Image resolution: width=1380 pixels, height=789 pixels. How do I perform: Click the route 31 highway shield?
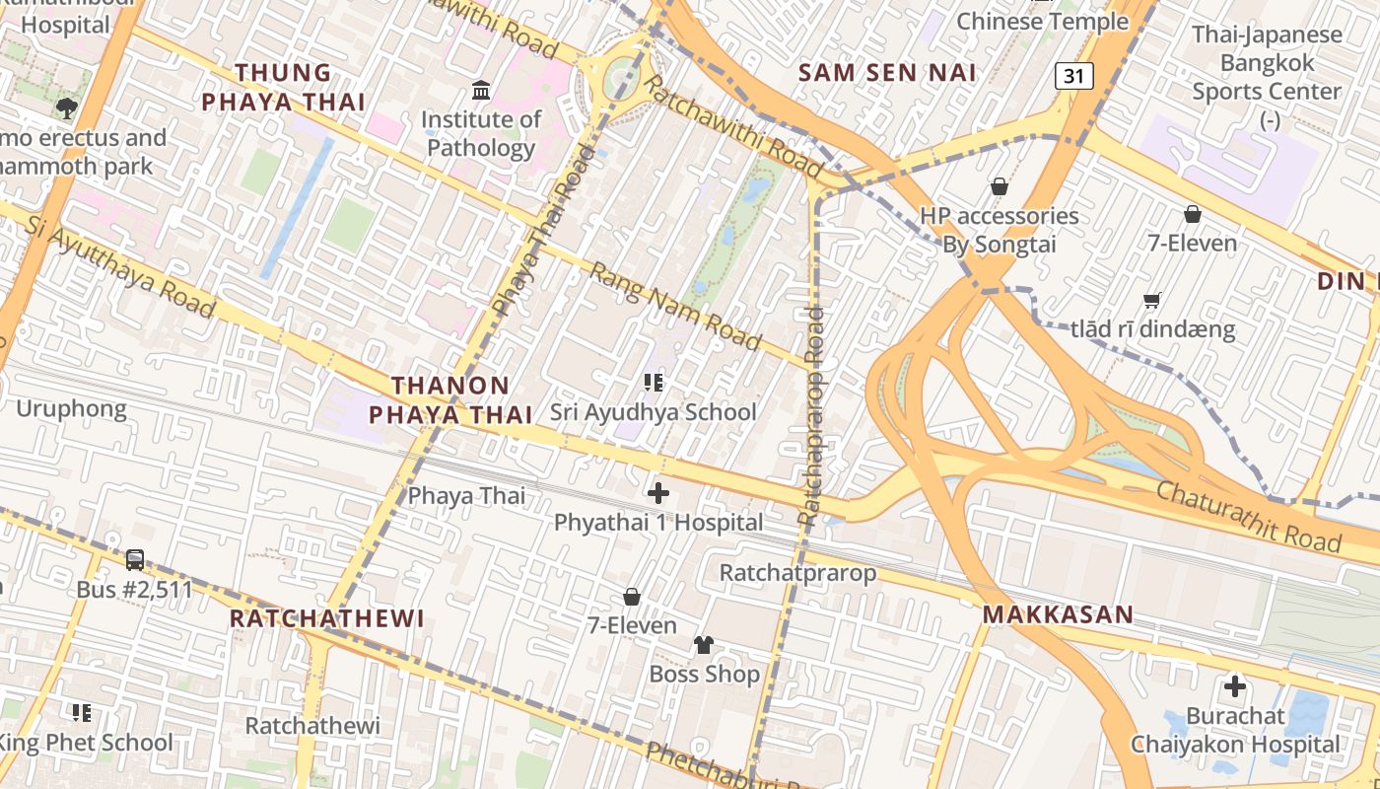[1074, 76]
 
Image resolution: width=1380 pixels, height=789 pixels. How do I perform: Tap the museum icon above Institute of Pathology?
[481, 91]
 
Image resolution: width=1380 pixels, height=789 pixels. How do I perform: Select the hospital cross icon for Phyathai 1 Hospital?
[657, 492]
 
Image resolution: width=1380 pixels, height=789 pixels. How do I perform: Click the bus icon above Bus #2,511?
[135, 560]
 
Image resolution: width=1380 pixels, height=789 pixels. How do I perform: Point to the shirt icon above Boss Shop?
[703, 645]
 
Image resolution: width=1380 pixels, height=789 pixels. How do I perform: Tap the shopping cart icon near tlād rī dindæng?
[1151, 300]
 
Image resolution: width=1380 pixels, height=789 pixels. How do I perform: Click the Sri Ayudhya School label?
[653, 412]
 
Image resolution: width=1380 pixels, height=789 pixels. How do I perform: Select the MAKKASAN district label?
[1058, 615]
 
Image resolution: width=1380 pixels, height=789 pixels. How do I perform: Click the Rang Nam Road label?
[675, 306]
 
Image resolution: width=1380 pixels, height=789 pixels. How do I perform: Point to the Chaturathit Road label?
[1248, 516]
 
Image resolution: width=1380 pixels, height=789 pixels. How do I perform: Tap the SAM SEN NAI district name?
[887, 72]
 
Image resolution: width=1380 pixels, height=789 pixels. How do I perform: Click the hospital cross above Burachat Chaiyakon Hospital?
[1234, 686]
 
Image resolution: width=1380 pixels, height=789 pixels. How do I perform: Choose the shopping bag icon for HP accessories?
[999, 186]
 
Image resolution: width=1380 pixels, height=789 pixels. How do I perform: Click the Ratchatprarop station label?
[797, 573]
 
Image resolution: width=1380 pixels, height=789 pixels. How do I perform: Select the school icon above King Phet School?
[82, 712]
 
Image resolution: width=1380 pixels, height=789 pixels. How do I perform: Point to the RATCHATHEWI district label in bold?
[326, 619]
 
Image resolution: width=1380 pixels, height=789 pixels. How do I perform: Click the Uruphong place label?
[71, 408]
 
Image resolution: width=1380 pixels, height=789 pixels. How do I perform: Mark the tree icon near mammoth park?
[67, 108]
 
